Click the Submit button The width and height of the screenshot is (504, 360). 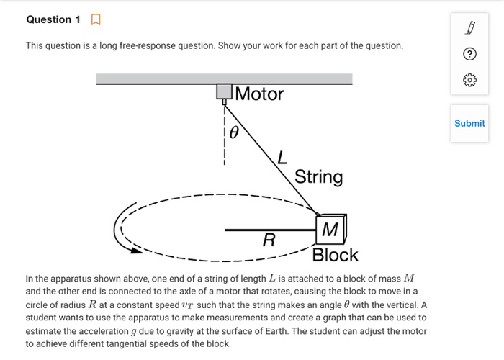point(469,123)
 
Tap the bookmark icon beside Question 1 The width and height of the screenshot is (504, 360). point(95,20)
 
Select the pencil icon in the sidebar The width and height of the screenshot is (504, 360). point(469,28)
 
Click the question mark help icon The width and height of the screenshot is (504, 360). point(469,55)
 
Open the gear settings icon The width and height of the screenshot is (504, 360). point(469,81)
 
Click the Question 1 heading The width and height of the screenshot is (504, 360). point(53,19)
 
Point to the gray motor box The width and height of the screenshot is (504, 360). point(225,91)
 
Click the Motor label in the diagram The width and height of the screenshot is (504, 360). point(259,94)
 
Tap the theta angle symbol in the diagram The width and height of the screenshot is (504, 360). point(233,133)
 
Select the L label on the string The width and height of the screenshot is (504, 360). point(282,156)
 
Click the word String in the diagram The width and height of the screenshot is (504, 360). point(318,177)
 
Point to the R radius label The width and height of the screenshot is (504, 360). point(269,240)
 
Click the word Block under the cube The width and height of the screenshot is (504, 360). point(335,256)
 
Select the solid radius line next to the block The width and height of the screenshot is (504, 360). point(269,230)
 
